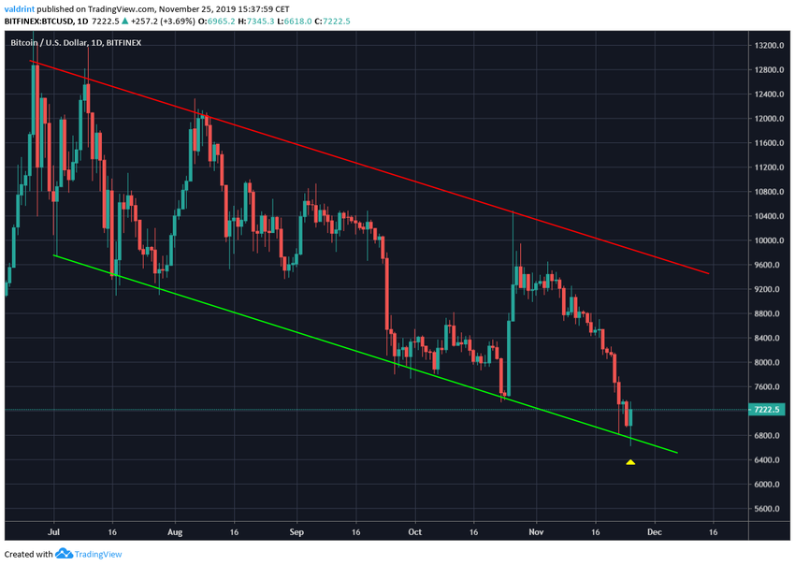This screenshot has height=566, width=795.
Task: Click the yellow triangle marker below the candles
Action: (x=630, y=461)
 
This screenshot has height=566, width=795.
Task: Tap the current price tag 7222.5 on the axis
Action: (x=769, y=410)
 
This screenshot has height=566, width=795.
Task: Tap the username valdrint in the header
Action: (x=22, y=8)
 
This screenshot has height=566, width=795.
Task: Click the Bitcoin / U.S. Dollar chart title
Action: (x=54, y=42)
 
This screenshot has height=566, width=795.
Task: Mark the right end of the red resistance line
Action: (x=710, y=274)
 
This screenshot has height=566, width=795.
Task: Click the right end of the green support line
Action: (x=677, y=454)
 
